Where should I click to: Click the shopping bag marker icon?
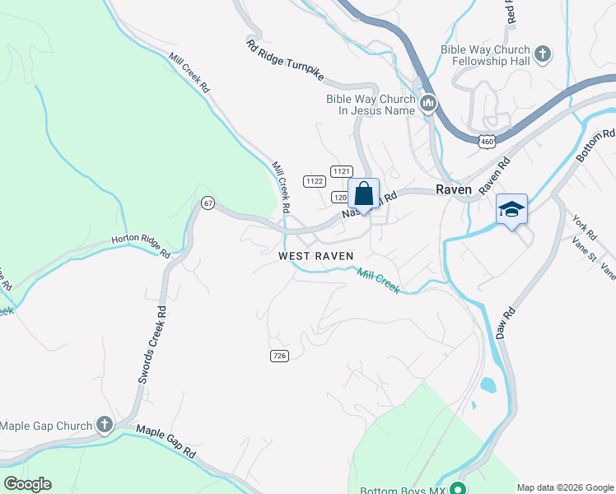coord(363,193)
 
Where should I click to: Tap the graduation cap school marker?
coord(511,209)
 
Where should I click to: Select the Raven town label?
coord(454,189)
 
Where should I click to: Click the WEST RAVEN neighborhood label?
coord(316,256)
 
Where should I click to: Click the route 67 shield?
coord(208,203)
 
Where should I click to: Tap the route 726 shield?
coord(278,355)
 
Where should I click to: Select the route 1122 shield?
coord(314,181)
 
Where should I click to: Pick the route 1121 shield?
coord(341,170)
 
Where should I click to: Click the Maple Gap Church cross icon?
coord(104,425)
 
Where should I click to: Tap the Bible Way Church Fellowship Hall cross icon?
coord(542,55)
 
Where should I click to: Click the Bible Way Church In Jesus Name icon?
coord(427,104)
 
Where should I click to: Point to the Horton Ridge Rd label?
coord(141,247)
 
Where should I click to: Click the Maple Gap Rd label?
coord(166,441)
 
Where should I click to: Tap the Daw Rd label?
coord(506,323)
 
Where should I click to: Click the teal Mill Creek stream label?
coord(378,281)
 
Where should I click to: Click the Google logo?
coord(27,484)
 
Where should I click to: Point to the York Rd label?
coord(584,223)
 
